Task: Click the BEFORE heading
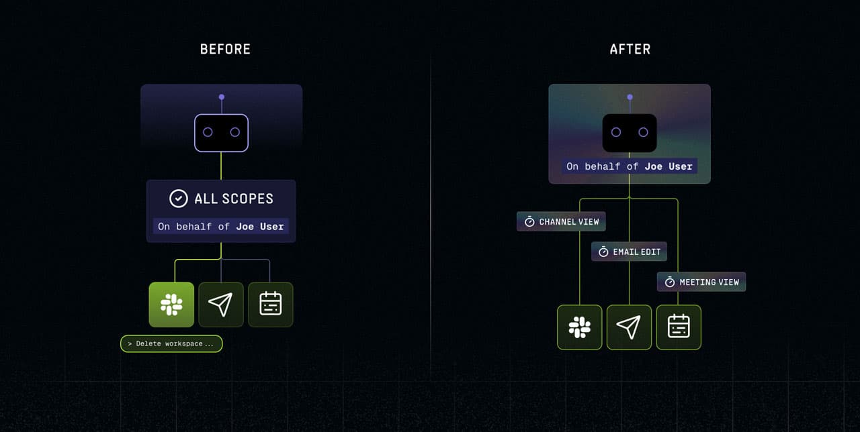225,50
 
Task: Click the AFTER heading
630,50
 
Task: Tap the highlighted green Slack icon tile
171,305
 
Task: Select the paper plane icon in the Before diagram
221,305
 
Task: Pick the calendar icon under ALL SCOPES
270,305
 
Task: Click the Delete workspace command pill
171,344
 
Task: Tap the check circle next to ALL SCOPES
179,199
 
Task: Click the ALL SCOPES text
234,199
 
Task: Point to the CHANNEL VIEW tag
561,221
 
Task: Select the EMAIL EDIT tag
629,252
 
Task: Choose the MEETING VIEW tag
701,282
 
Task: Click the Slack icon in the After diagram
579,327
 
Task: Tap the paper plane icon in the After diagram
629,327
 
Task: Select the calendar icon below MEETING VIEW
679,327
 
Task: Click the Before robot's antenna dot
222,97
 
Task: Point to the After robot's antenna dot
630,97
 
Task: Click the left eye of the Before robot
208,132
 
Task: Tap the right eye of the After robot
643,132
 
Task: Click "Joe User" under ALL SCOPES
260,227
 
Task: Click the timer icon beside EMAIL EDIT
603,252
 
